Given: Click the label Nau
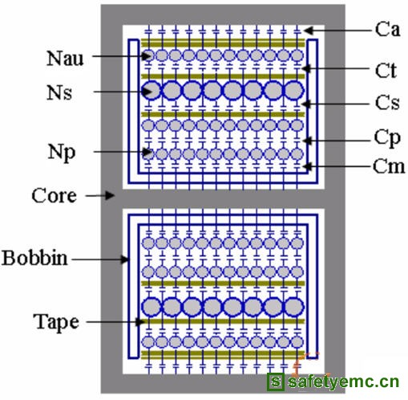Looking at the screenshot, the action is coord(65,58).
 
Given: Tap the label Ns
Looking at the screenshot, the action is coord(59,92).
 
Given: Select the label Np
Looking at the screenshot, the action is coord(62,153).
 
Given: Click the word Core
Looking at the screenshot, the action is coord(55,195).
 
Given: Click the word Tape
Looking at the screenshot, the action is coord(56,322).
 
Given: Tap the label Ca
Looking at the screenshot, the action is coord(387,29).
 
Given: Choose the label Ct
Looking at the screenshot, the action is coord(386,71).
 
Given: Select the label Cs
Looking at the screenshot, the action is coord(387,103).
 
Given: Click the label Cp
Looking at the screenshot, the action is coord(387,139).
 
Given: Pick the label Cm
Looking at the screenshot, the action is coord(389,166).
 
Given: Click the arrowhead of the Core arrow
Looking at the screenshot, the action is coord(110,195).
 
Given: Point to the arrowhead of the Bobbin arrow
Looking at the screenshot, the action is coord(125,259).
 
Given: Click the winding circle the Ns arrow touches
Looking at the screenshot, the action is coord(151,90).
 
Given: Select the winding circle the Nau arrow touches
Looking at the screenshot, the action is coord(148,55).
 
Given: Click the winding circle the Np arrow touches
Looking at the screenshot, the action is coord(148,154).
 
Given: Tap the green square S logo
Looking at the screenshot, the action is coord(276,381).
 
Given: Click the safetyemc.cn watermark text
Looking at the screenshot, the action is coord(343,382).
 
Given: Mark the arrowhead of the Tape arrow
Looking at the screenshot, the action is coord(140,321).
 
